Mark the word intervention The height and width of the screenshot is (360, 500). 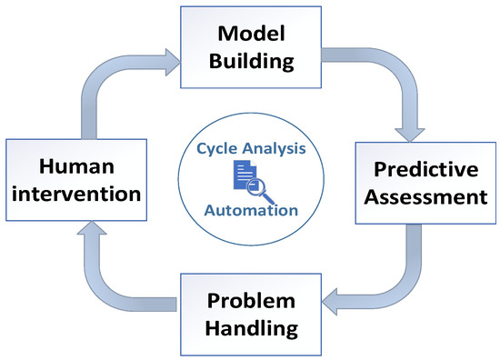76,194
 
